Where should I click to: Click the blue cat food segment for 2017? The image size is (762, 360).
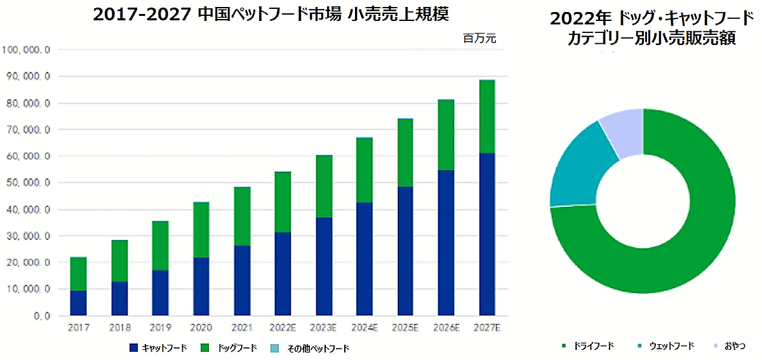coord(78,303)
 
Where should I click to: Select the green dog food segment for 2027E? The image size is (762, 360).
coord(487,116)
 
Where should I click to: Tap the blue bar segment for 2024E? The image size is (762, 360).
coord(364,258)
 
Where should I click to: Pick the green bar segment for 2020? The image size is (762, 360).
coord(201,229)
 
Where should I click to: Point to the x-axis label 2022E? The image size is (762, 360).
coord(283,328)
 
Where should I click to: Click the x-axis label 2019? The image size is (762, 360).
coord(160,328)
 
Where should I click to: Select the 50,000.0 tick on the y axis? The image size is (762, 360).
coord(26,183)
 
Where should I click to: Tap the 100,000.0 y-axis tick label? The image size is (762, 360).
coord(26,50)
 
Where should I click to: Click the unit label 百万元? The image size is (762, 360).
coord(479,39)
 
